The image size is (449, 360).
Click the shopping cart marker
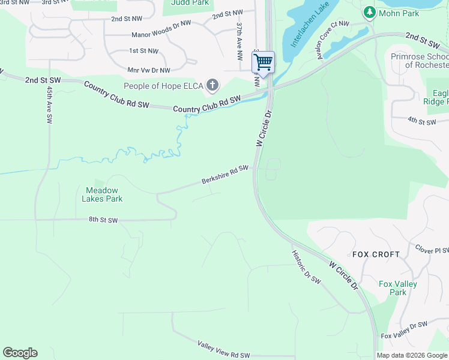263,62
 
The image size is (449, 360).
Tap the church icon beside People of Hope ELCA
212,86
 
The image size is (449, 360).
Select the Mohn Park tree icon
370,11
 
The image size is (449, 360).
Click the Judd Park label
189,2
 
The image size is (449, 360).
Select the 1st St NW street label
143,51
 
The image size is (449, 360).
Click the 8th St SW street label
103,221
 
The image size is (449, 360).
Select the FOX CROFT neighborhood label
376,254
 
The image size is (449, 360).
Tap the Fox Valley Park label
397,288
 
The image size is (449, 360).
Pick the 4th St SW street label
421,121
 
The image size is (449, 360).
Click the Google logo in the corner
20,353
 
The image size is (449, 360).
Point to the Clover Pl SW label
432,248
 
